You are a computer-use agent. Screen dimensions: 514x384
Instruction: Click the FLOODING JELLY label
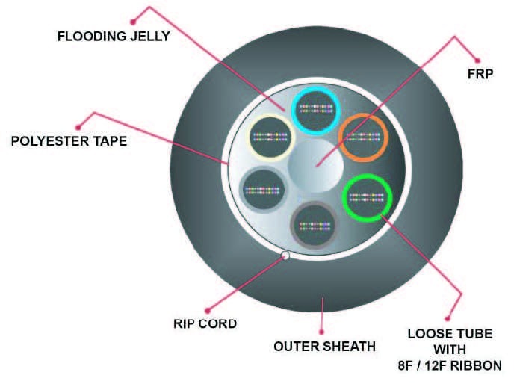114,36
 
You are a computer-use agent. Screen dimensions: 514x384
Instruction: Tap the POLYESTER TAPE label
69,141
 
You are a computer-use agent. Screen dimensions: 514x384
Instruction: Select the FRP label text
480,74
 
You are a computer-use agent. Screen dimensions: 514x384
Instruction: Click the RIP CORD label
205,323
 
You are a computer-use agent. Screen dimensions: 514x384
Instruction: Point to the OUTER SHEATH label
324,347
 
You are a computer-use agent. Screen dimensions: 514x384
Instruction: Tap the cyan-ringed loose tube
316,110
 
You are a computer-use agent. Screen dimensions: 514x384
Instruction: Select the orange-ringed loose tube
363,137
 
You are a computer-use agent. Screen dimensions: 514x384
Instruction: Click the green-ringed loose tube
367,198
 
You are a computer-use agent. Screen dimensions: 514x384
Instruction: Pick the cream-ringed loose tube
270,137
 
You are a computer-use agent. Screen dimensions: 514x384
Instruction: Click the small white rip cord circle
285,256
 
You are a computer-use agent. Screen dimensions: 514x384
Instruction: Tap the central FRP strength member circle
315,166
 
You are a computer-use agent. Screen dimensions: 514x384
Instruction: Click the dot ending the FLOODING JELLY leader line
133,22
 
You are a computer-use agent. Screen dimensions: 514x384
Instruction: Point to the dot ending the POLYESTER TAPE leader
78,127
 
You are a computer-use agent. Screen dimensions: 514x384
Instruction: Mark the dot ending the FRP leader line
477,61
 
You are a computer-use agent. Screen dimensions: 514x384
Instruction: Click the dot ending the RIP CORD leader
207,310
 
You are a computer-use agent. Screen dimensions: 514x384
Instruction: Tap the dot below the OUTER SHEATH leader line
321,332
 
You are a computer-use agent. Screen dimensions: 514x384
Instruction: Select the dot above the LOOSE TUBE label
447,318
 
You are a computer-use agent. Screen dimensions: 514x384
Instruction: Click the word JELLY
150,36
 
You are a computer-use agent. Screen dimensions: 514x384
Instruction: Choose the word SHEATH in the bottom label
350,347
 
